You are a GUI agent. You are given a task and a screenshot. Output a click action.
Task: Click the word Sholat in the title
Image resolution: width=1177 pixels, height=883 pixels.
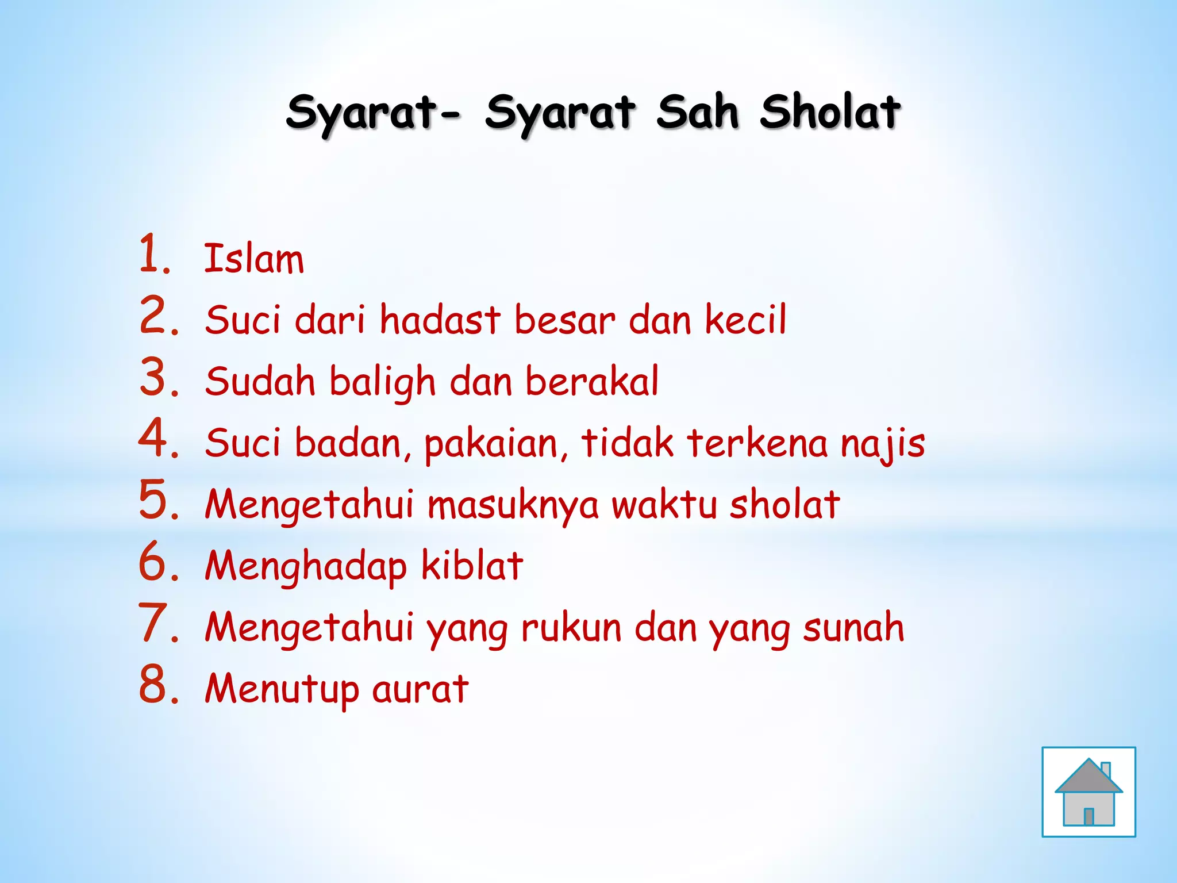(x=830, y=112)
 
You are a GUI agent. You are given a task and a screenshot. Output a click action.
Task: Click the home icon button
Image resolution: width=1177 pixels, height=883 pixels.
(x=1088, y=792)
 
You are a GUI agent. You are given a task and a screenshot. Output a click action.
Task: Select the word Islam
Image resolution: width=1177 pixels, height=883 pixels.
(x=254, y=259)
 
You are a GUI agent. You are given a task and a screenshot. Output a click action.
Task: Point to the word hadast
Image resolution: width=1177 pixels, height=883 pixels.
(x=440, y=320)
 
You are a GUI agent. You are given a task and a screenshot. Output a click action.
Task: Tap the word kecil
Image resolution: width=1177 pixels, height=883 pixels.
(x=745, y=320)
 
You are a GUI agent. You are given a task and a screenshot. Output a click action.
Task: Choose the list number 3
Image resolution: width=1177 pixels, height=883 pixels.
(x=157, y=377)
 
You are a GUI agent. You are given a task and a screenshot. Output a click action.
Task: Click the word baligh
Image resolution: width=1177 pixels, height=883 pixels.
(x=382, y=382)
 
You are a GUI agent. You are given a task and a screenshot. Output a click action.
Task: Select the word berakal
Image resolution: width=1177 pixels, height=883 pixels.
(x=592, y=381)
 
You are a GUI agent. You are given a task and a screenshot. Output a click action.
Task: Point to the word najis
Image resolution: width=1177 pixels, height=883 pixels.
(x=883, y=444)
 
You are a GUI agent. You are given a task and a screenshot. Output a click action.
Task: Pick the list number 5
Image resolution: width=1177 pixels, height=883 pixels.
(x=157, y=500)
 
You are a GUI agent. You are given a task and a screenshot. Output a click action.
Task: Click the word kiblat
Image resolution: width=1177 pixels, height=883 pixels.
(x=472, y=566)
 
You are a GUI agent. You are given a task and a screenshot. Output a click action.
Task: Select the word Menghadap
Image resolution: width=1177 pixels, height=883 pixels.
(x=306, y=567)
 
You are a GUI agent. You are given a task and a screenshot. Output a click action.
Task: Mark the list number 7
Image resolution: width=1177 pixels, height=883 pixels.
(x=157, y=623)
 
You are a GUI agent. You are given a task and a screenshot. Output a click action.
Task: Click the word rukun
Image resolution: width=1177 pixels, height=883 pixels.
(x=571, y=628)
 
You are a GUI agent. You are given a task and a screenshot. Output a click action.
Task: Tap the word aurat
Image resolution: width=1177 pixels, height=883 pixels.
(x=420, y=689)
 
